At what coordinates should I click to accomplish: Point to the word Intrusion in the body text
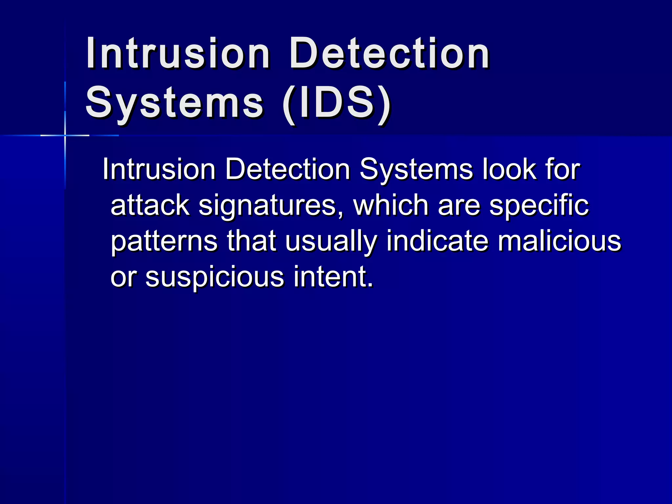point(159,169)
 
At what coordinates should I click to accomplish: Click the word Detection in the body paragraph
point(287,169)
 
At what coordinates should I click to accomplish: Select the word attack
point(150,205)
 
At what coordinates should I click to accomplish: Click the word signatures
point(271,206)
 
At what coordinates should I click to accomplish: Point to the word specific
point(539,206)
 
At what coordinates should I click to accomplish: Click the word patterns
point(164,241)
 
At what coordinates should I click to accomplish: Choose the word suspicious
point(215,277)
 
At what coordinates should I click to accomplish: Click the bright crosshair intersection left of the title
point(65,135)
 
